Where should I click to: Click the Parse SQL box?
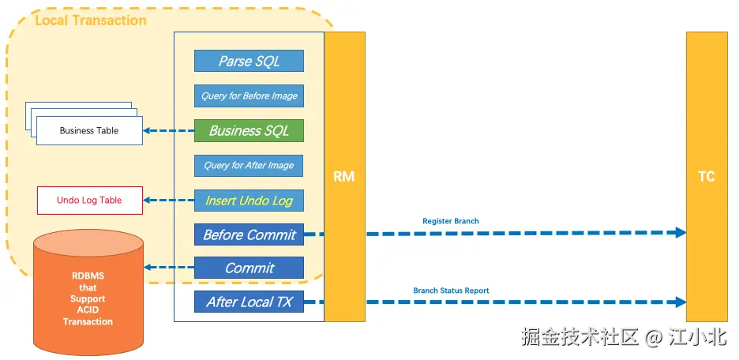point(249,61)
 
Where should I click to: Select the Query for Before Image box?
point(249,96)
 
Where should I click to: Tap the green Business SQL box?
point(249,130)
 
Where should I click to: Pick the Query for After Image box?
point(249,166)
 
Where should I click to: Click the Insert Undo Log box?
point(249,201)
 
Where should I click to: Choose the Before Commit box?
point(249,234)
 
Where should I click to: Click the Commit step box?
point(249,268)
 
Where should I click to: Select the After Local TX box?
point(249,302)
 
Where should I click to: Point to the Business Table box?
point(89,130)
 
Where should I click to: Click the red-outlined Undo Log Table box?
point(89,201)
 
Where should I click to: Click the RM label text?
point(344,177)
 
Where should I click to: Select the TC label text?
point(707,177)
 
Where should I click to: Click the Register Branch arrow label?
point(451,221)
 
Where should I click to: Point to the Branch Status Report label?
point(451,291)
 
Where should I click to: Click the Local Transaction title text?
point(91,21)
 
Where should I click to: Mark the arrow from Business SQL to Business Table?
point(169,131)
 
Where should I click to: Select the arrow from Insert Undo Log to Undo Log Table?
point(169,201)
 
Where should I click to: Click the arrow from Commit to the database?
point(169,268)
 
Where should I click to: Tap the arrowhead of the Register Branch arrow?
point(679,233)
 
